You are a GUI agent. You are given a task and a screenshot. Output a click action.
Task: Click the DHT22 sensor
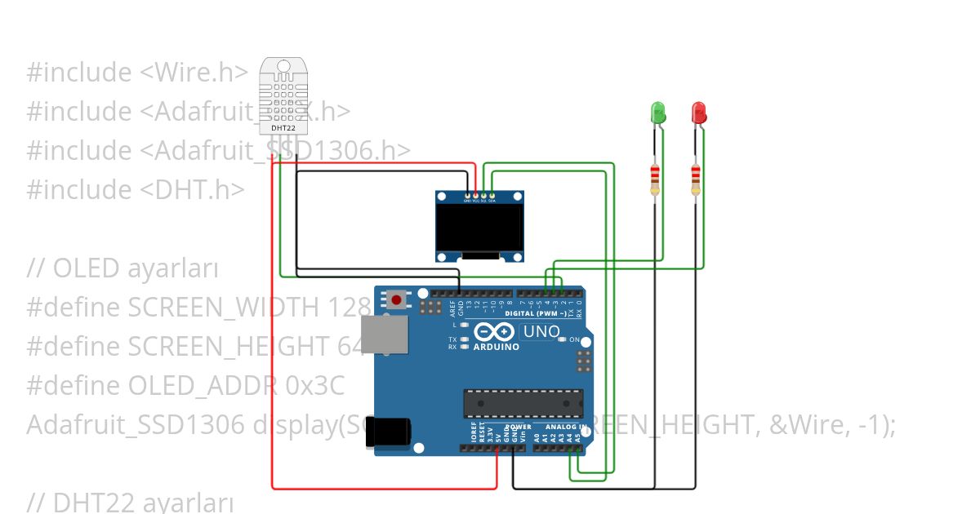[x=283, y=96]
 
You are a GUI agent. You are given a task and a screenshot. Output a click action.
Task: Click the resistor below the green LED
[x=654, y=177]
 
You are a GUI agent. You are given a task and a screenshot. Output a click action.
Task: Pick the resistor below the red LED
[x=696, y=177]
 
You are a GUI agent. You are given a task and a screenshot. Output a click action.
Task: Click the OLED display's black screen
[x=479, y=228]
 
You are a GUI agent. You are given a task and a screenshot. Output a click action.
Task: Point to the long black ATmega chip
[x=523, y=403]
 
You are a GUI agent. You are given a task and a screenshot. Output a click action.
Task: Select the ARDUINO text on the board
[x=496, y=347]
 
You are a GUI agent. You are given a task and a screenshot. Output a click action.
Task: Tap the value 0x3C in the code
[x=315, y=386]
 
